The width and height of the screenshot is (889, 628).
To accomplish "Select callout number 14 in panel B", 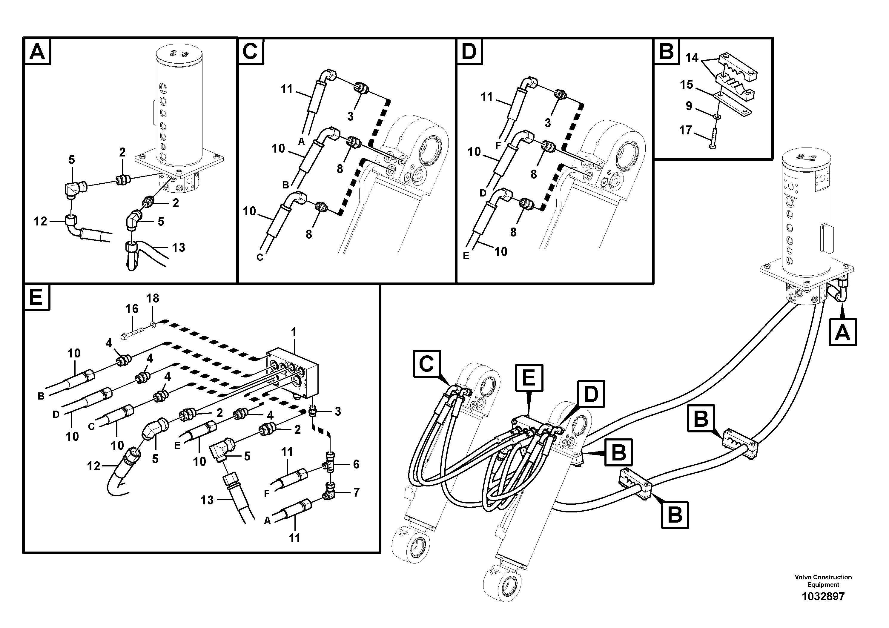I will click(692, 58).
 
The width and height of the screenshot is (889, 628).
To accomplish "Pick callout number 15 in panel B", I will click(687, 85).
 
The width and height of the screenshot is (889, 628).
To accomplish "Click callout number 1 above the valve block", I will click(294, 332).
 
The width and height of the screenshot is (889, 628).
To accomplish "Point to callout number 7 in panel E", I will click(356, 492).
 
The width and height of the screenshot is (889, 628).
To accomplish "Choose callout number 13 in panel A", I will click(179, 247).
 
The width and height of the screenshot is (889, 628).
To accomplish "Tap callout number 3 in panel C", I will click(350, 116).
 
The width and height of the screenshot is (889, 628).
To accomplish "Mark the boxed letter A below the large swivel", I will click(842, 332).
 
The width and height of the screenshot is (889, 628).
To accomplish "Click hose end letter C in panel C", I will click(260, 257).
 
